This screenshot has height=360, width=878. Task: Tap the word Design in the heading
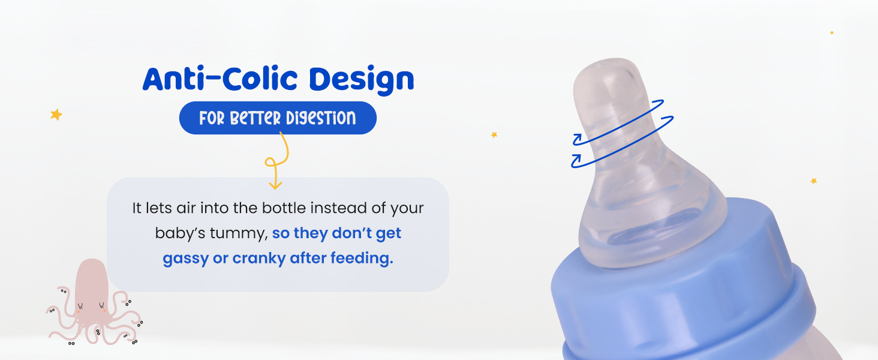tap(362, 80)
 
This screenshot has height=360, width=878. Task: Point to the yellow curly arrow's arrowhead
tap(275, 185)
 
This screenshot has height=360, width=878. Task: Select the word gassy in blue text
tap(185, 259)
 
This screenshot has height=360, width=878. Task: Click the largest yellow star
tap(56, 115)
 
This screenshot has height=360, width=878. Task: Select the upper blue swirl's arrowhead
tap(577, 139)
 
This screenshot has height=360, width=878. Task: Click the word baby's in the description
tap(180, 233)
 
